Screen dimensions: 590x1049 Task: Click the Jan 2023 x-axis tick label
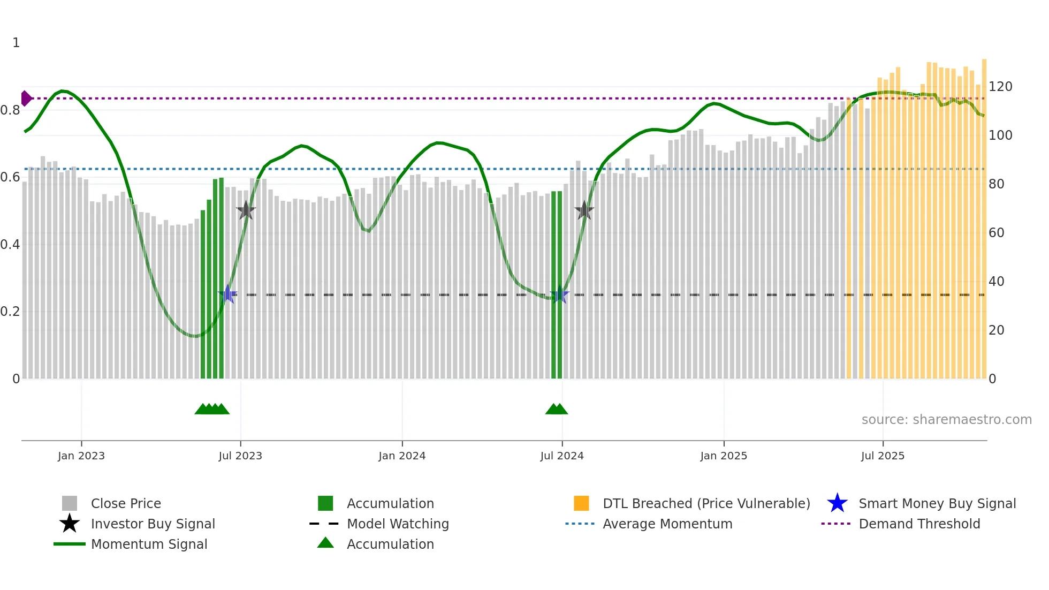(x=81, y=456)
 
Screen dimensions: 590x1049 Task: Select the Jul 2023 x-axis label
(x=240, y=456)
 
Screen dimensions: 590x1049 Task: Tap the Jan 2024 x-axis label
(x=402, y=456)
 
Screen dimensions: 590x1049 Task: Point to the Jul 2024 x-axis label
(x=562, y=456)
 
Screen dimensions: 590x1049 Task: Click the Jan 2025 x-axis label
(x=724, y=456)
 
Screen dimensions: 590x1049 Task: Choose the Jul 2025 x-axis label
(x=883, y=456)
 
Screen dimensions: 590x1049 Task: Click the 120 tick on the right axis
(x=1000, y=87)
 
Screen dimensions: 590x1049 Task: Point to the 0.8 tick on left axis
(x=10, y=110)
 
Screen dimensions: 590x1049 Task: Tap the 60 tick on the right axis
(x=997, y=233)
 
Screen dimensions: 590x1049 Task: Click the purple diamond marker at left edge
(x=26, y=99)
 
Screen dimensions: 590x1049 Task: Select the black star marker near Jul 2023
(x=246, y=210)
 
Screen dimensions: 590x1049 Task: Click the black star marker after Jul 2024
(x=584, y=210)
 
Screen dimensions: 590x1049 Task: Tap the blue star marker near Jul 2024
(x=559, y=294)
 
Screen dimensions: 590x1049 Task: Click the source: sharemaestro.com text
(x=946, y=420)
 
